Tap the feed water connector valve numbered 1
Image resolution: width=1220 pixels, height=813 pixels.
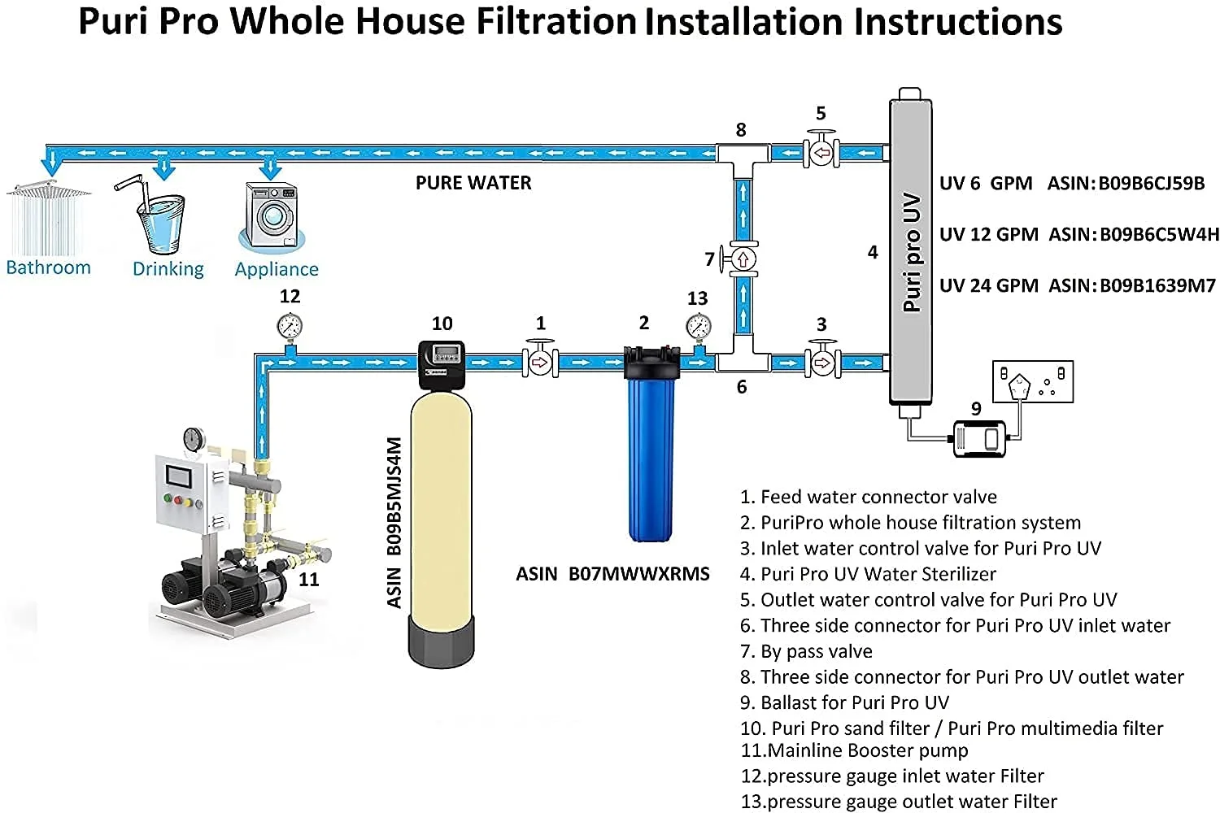539,362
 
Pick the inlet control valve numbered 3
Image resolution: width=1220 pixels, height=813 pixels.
822,361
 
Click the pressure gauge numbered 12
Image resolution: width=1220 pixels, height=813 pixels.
290,328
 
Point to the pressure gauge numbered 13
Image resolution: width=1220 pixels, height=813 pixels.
698,327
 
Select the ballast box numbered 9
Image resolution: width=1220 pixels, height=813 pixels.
980,438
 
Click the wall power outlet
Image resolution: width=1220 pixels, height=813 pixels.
1032,381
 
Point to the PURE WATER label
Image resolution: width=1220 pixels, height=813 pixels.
473,183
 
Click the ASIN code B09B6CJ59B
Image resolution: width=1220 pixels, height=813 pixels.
1152,183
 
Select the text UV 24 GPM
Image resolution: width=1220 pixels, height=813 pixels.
988,285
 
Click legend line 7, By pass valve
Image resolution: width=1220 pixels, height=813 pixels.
806,651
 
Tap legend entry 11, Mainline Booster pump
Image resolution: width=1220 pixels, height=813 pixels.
854,750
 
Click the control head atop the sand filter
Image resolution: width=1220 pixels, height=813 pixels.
441,363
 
